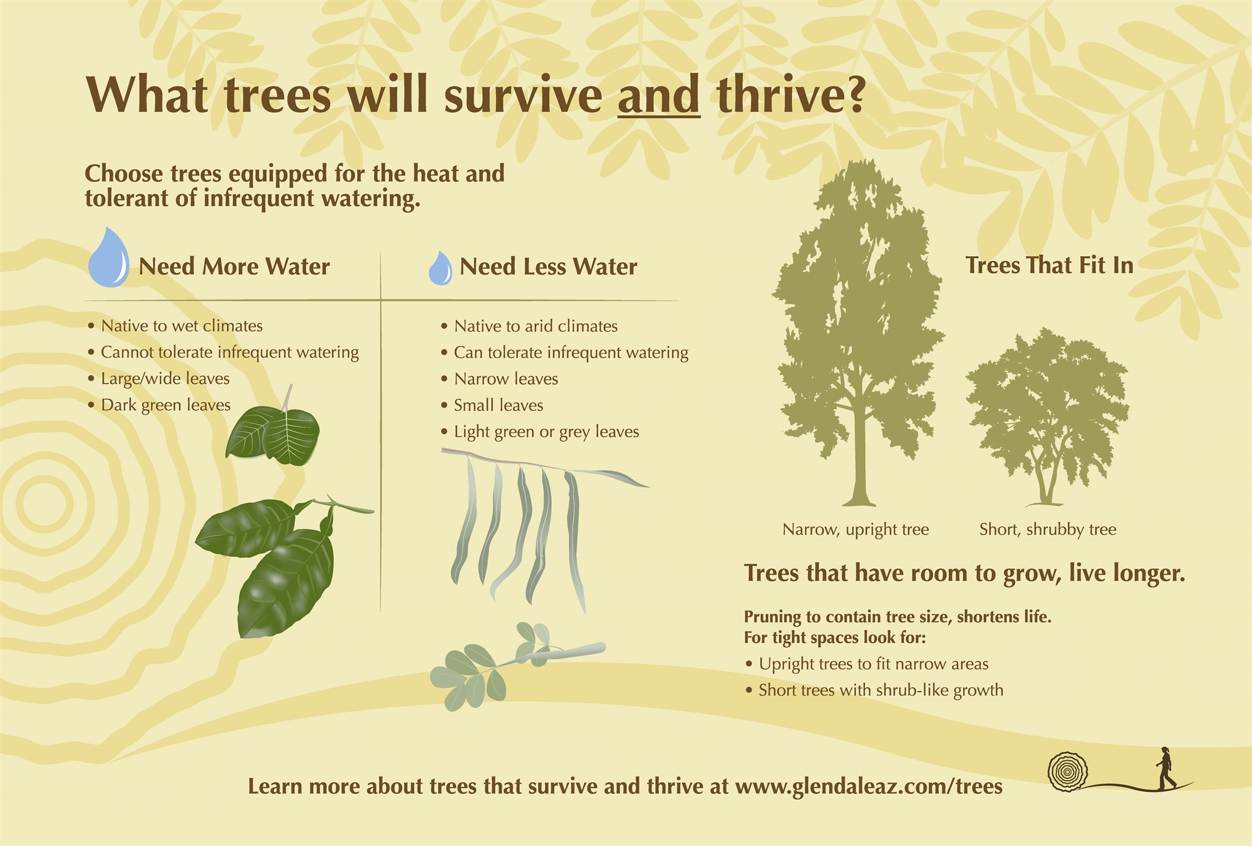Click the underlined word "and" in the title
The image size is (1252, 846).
click(659, 95)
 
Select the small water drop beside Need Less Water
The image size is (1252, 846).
click(440, 269)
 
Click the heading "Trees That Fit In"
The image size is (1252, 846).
click(1049, 266)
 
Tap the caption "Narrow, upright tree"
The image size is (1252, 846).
click(856, 530)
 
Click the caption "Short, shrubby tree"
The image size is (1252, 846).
click(1048, 530)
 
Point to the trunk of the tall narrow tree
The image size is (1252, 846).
click(859, 457)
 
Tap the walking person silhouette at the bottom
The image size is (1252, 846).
click(1165, 768)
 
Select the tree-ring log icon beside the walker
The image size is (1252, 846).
click(1068, 772)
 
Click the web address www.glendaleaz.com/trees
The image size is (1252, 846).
click(869, 787)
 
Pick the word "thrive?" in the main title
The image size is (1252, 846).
click(791, 95)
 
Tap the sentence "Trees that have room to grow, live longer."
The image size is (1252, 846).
click(965, 574)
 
